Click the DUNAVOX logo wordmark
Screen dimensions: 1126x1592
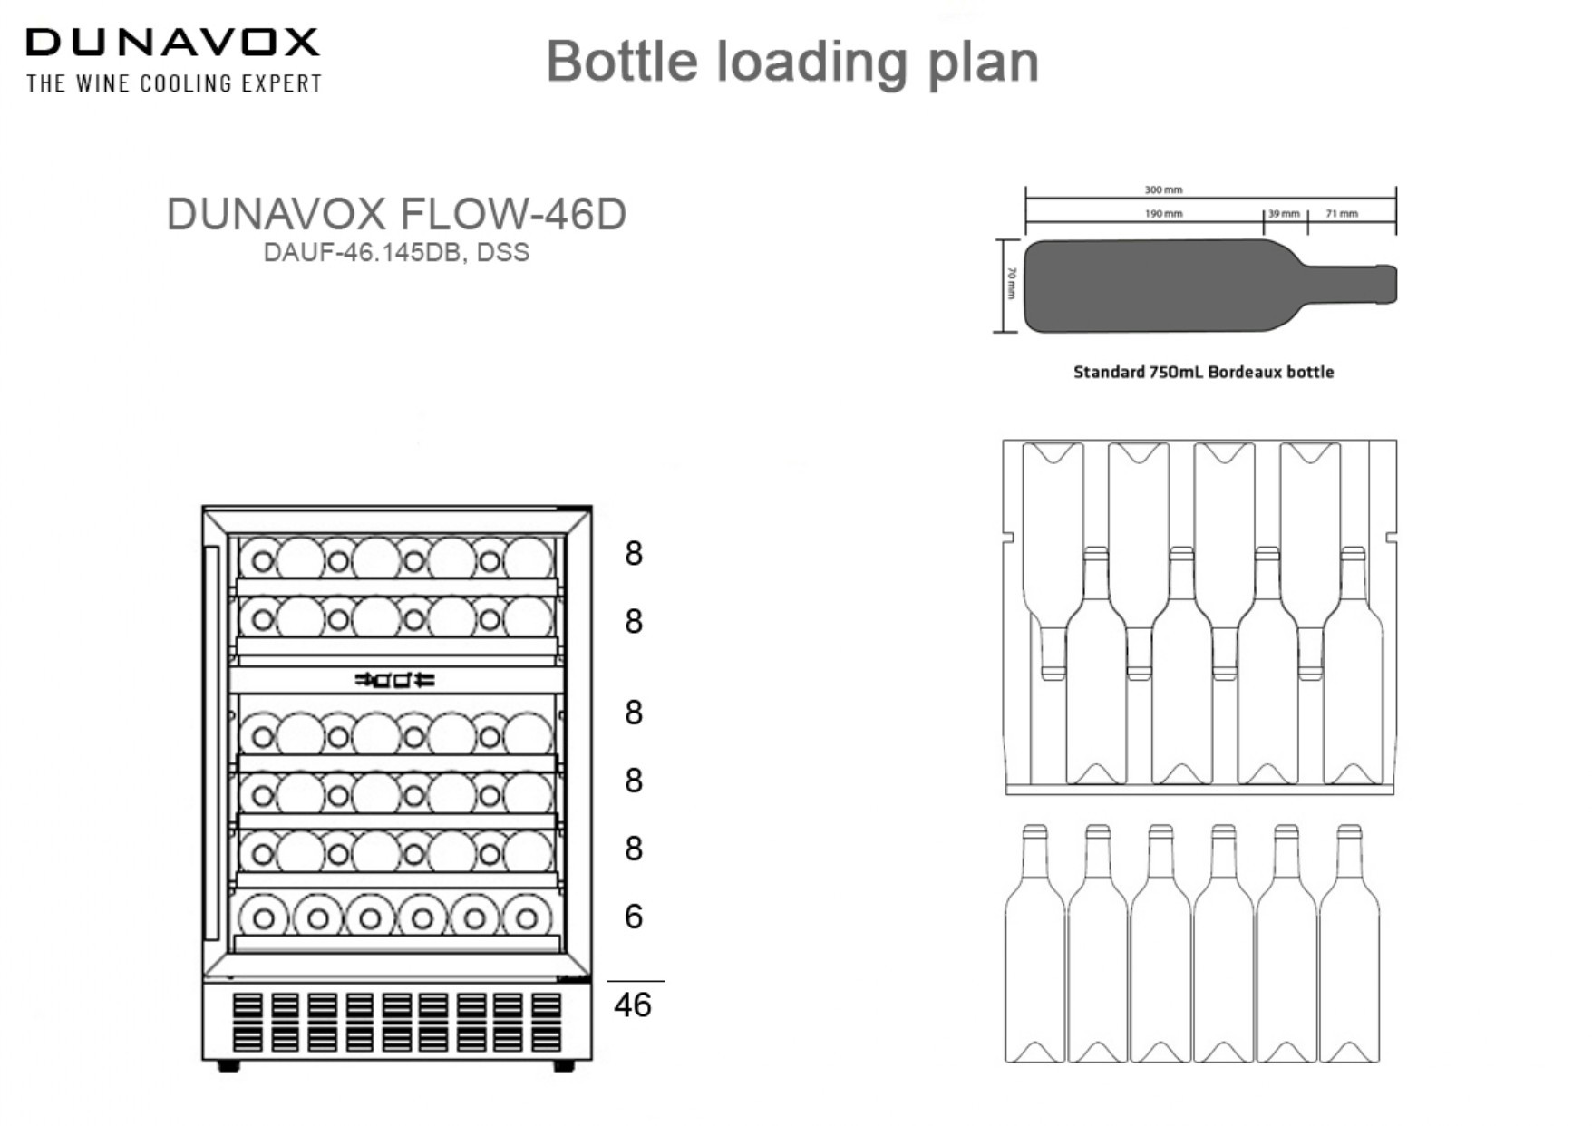(172, 42)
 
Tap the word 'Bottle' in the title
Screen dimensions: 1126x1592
(622, 62)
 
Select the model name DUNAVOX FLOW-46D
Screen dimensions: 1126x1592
(396, 214)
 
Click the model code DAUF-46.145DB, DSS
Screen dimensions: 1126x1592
(396, 252)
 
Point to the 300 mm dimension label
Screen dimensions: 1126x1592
(1163, 189)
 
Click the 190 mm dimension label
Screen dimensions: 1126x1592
(1163, 214)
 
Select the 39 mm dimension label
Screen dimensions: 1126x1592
(1284, 214)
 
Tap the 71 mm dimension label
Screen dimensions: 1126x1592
(1342, 214)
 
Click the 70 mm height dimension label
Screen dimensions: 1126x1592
(1012, 284)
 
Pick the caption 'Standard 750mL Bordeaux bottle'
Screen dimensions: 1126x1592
(1203, 372)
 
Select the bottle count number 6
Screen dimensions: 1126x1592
(634, 917)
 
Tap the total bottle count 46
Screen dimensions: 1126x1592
(632, 1005)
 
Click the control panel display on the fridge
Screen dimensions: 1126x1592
(395, 679)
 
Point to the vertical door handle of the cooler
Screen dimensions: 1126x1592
(212, 743)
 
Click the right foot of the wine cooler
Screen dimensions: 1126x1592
(563, 1066)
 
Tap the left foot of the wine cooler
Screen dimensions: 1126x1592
(228, 1066)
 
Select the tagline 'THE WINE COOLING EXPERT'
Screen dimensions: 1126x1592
(174, 83)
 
